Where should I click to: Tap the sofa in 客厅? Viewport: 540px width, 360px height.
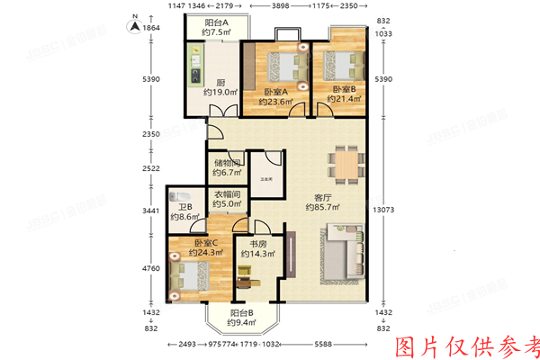[342, 256]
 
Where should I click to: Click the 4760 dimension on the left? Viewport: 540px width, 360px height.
[150, 268]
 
